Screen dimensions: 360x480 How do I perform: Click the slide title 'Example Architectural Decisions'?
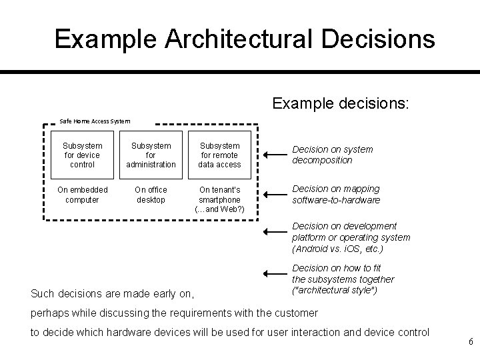(245, 39)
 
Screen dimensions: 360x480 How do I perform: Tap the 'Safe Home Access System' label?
(95, 121)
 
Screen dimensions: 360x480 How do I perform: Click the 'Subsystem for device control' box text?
(83, 155)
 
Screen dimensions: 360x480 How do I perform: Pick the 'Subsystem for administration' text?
(151, 155)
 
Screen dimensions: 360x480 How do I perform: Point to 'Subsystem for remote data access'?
(219, 155)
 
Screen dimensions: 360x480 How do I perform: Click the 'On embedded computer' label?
(83, 195)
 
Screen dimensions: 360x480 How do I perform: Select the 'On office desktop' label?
(151, 195)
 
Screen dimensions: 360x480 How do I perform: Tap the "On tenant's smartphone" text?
(219, 195)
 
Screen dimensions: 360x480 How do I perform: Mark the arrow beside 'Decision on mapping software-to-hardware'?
(274, 195)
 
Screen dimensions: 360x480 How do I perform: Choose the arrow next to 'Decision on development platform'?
(274, 232)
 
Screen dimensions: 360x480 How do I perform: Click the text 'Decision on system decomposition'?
(332, 155)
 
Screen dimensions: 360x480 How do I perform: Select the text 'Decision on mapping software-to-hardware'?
(335, 195)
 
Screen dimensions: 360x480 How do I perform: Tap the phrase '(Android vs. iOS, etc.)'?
(338, 249)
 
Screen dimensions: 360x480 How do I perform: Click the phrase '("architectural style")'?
(333, 291)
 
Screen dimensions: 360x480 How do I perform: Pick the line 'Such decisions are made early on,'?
(113, 292)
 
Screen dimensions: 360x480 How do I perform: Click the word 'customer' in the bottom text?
(297, 313)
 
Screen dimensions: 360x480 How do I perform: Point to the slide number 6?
(471, 342)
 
